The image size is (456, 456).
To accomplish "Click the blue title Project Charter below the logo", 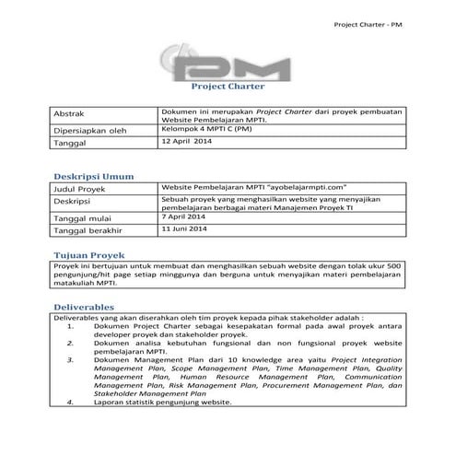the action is click(227, 88).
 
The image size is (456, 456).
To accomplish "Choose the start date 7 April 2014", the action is click(184, 216).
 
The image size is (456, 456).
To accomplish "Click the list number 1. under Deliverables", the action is click(72, 326).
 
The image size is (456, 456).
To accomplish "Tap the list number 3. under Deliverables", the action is click(72, 362).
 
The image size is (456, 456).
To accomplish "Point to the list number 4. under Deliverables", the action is click(72, 403).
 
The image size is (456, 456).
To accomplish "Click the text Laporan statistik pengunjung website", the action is click(161, 403).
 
